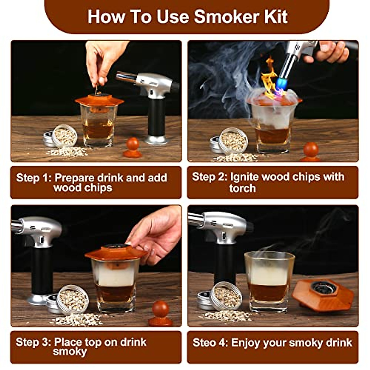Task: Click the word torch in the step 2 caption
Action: [242, 188]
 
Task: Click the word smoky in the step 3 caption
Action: [70, 351]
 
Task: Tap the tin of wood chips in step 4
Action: [227, 296]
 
